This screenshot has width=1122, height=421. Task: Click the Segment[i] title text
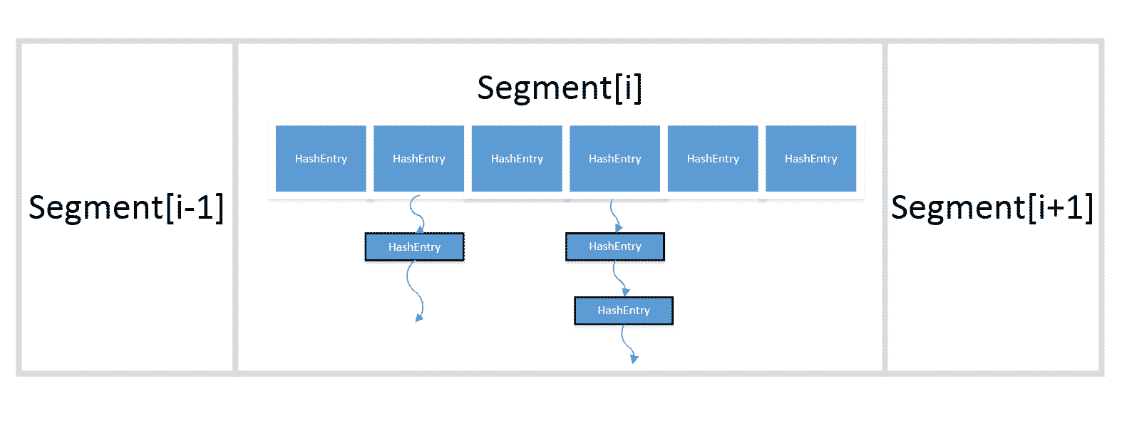560,88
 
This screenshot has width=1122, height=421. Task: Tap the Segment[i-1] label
125,208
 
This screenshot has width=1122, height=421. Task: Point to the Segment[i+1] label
992,208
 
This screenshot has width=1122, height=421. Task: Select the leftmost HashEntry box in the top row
321,158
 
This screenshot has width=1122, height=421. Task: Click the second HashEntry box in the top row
418,158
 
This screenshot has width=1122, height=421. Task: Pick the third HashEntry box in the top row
517,158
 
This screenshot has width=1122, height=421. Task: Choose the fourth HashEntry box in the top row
614,158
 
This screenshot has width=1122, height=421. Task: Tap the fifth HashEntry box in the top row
713,158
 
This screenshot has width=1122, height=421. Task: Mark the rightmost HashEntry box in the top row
811,158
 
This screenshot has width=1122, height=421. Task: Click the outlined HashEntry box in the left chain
414,246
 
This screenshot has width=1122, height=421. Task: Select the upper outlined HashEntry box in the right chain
615,246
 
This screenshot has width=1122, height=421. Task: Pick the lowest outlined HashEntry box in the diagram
624,311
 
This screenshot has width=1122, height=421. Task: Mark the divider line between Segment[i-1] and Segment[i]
235,207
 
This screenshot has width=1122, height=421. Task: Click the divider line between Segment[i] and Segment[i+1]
885,207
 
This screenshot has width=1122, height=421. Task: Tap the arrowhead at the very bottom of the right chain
634,358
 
